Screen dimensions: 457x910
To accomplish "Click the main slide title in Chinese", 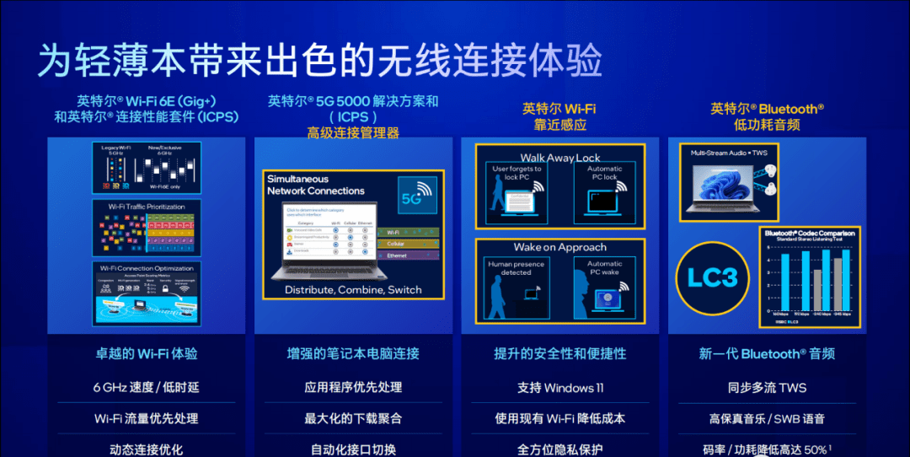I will tap(319, 61).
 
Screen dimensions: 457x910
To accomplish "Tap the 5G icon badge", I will tap(416, 196).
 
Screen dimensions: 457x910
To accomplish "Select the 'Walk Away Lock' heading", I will tap(559, 158).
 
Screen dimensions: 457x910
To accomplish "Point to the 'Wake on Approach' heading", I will tap(559, 247).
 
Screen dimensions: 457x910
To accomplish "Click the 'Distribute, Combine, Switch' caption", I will tap(353, 289).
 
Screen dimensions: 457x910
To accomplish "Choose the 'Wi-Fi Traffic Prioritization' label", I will tap(147, 206).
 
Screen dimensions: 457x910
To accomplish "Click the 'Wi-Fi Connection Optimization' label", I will tap(147, 267).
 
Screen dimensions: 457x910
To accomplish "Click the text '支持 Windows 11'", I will tap(560, 388).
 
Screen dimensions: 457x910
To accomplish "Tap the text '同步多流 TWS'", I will tap(767, 388).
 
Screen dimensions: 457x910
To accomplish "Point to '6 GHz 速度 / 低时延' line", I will tap(147, 388).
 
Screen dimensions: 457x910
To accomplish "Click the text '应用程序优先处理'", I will tap(353, 388).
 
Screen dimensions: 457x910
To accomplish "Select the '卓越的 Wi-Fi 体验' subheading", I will tap(147, 354).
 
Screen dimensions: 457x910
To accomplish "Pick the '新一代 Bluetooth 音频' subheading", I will tap(767, 354).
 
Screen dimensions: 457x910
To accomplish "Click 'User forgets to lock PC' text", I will tap(517, 173).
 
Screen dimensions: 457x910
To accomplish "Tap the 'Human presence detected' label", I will tap(516, 268).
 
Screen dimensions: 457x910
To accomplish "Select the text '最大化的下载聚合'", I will tap(353, 418).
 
